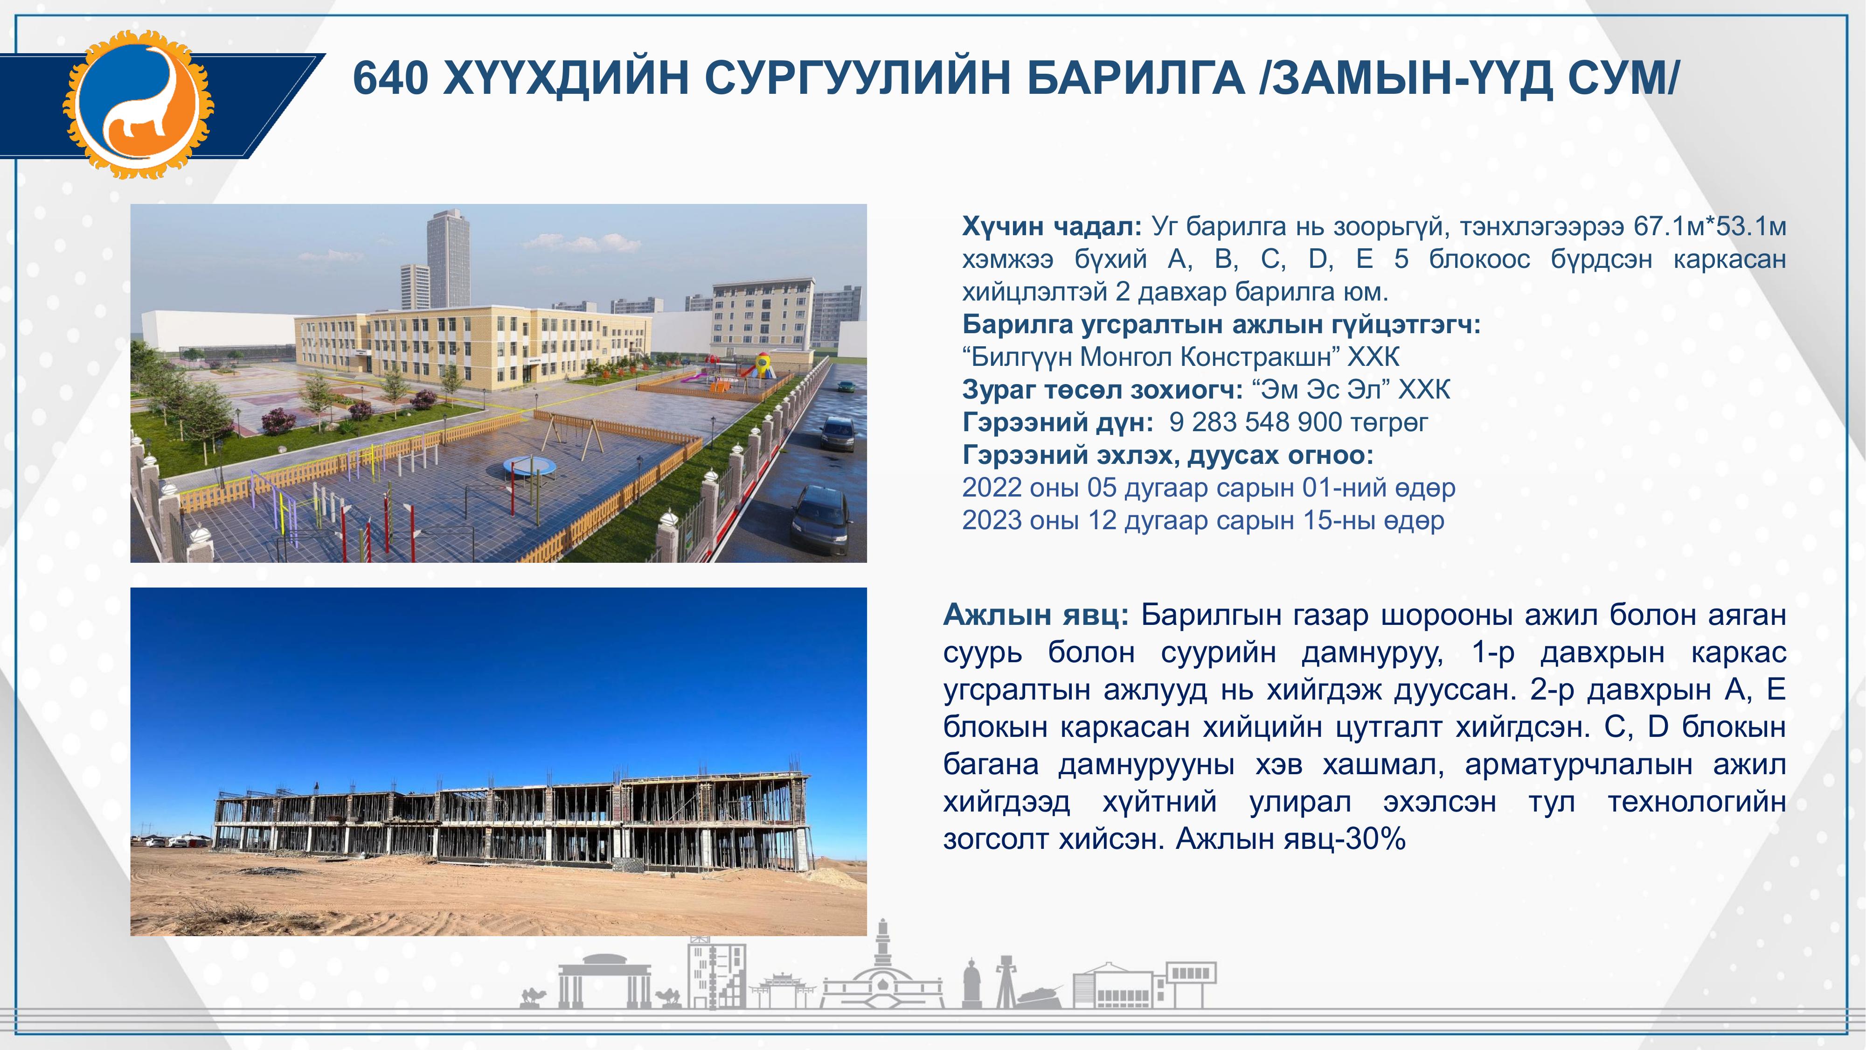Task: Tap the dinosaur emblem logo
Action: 139,104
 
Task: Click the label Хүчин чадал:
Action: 1052,227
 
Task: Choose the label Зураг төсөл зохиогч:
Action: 1097,390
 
